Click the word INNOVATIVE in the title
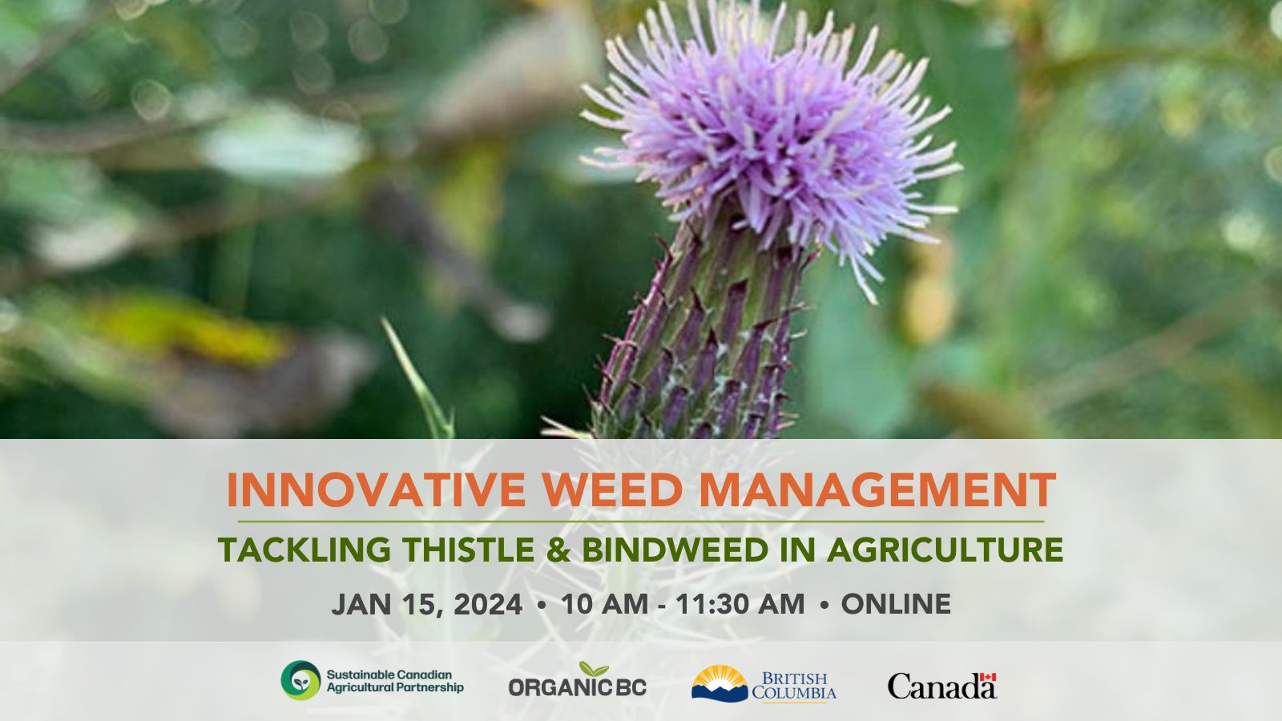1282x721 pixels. click(x=376, y=489)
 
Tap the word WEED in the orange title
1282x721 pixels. click(x=612, y=489)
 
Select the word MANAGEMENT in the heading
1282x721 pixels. click(x=877, y=489)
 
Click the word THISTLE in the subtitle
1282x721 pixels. click(x=468, y=550)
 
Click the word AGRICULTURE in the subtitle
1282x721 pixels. click(x=945, y=550)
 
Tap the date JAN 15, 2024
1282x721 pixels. click(x=427, y=604)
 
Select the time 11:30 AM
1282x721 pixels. click(x=740, y=604)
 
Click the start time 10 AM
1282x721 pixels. click(x=605, y=604)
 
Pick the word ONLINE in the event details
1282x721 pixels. click(x=897, y=604)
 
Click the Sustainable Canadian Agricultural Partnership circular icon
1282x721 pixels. click(x=301, y=680)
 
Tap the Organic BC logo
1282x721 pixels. click(x=578, y=680)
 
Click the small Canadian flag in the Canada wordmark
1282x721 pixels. click(x=988, y=677)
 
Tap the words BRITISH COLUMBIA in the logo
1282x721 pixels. click(x=794, y=686)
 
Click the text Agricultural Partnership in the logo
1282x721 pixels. click(x=395, y=687)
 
